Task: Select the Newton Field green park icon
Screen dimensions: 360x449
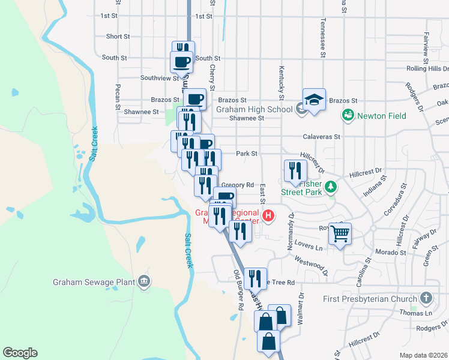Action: click(346, 115)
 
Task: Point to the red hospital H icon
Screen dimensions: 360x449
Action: click(269, 215)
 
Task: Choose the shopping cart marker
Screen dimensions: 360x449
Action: click(340, 233)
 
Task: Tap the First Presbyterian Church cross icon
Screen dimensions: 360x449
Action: click(426, 298)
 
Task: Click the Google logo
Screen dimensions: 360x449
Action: click(20, 352)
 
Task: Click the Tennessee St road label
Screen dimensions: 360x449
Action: click(323, 36)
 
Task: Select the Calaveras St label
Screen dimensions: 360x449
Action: click(322, 136)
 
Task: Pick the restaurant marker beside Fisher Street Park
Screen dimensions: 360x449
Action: click(294, 170)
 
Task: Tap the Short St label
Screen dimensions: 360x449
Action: click(118, 37)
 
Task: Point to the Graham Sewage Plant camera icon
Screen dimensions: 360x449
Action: click(144, 280)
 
